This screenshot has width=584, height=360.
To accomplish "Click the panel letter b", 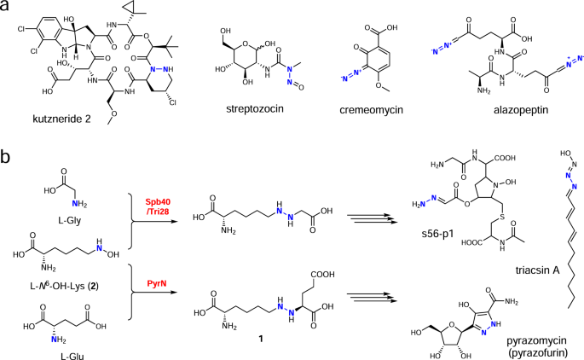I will click(7, 159).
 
